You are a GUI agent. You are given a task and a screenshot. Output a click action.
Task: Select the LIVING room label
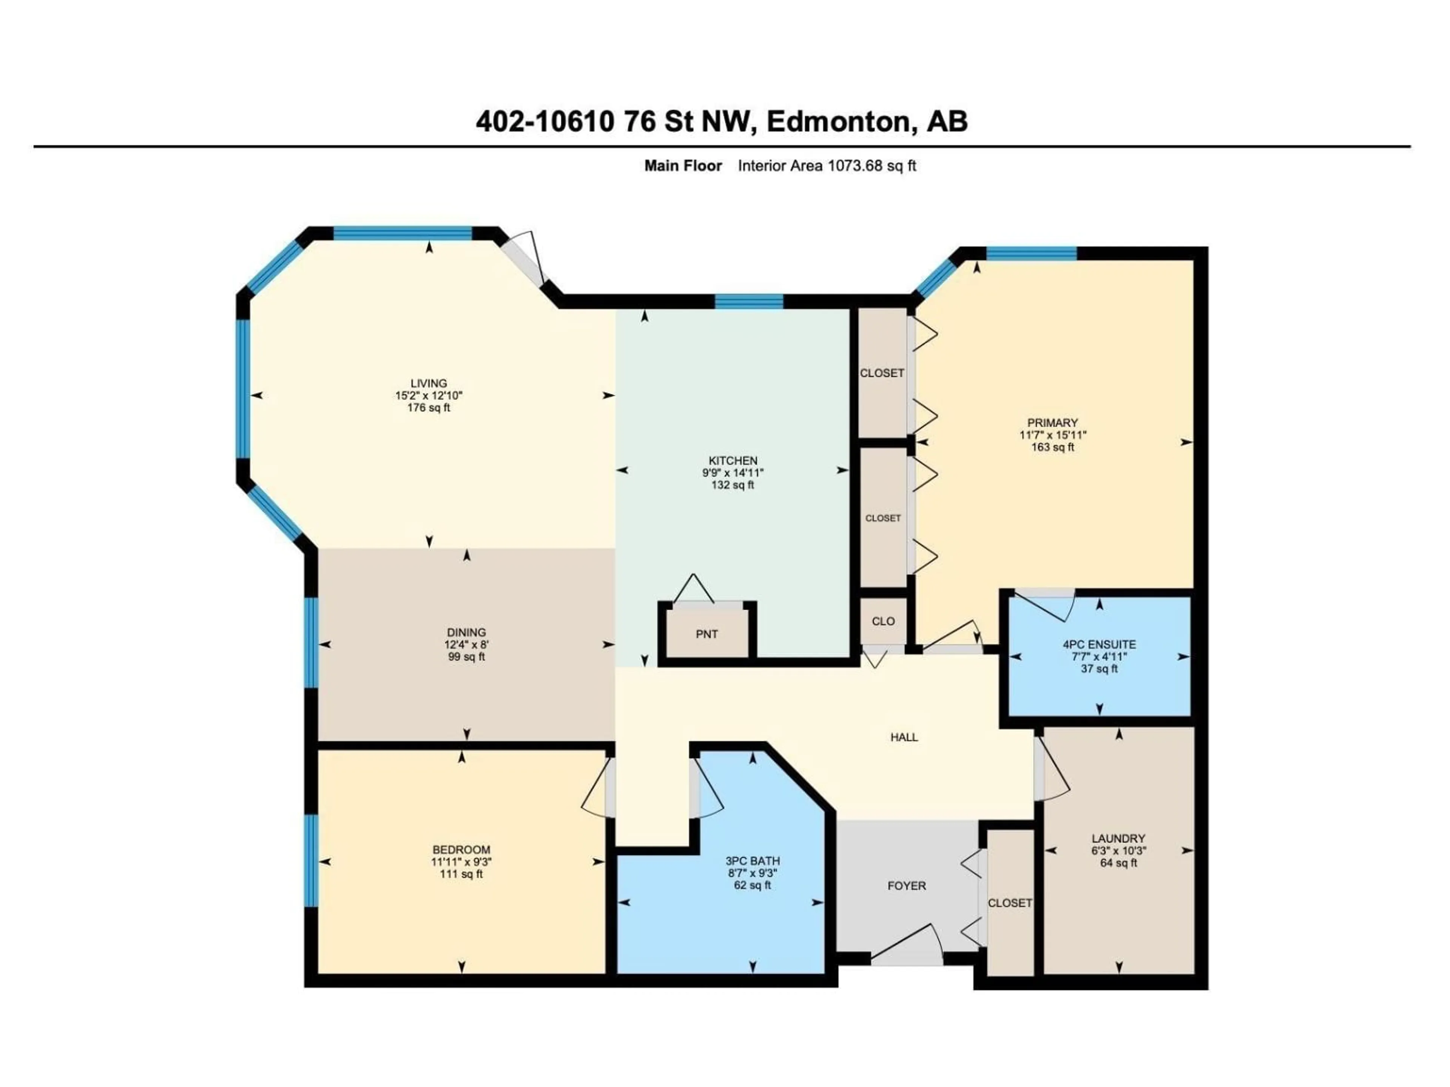(429, 383)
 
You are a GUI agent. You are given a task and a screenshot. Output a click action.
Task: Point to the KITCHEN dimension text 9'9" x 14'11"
(733, 473)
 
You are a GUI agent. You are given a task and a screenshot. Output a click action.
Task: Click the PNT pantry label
(706, 634)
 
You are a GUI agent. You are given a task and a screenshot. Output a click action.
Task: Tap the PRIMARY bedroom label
(1052, 423)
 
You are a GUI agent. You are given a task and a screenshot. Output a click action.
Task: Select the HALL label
(904, 737)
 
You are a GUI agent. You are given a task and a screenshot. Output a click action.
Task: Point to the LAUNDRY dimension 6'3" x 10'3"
(1118, 850)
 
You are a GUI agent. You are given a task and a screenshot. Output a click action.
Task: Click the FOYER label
(907, 886)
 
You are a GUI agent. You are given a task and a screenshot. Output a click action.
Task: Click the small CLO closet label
(883, 621)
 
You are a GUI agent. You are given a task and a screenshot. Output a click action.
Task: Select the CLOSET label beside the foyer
(1009, 903)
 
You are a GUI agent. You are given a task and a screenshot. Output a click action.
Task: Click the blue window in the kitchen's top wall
(748, 302)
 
